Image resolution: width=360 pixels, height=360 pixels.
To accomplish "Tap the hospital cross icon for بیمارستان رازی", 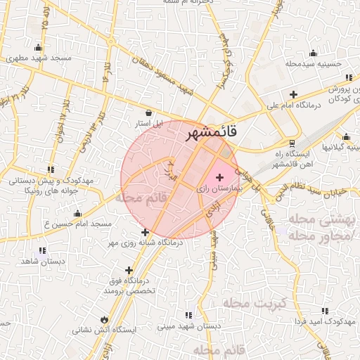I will click(220, 177).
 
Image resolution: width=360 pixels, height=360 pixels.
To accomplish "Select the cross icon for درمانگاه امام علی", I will click(293, 94).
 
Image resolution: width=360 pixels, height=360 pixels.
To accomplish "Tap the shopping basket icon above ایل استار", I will click(148, 112).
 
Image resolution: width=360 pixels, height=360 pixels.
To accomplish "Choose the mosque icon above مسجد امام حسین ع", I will click(77, 213).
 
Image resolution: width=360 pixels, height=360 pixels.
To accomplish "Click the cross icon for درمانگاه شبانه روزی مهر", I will click(146, 232).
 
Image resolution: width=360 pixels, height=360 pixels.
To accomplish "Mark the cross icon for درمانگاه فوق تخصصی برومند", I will click(129, 270).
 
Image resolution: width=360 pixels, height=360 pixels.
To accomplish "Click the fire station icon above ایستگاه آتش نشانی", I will click(105, 318).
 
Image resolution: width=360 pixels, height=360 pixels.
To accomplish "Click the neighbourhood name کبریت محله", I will click(255, 303).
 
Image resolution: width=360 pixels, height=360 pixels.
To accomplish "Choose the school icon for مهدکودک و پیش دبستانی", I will click(50, 169).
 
